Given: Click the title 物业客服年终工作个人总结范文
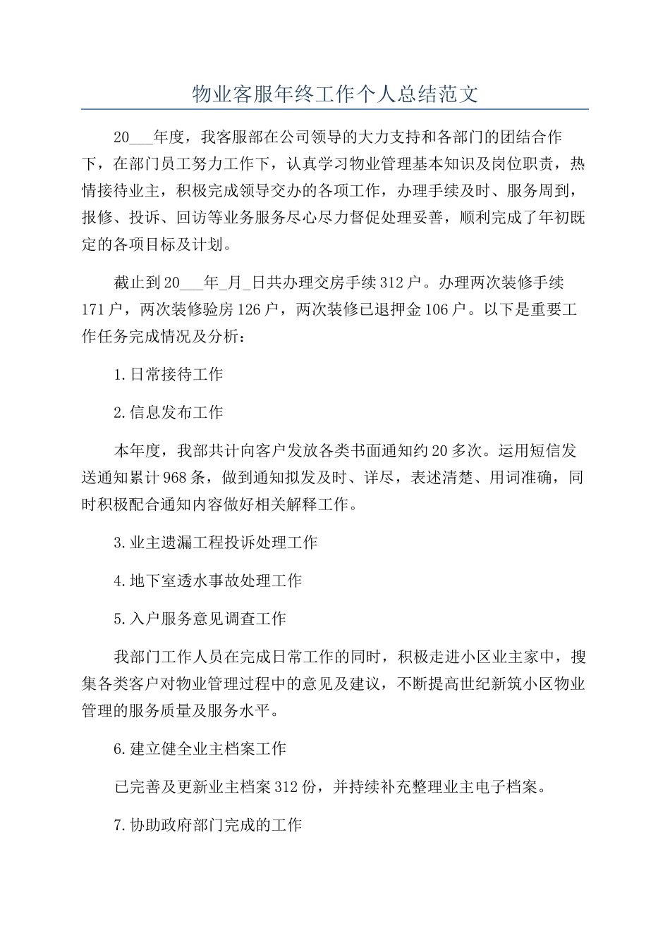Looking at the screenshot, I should pyautogui.click(x=335, y=94).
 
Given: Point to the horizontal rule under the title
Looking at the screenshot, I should pyautogui.click(x=335, y=109).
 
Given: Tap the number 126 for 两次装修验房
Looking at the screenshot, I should pyautogui.click(x=249, y=310).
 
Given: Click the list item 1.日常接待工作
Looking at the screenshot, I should pyautogui.click(x=169, y=375).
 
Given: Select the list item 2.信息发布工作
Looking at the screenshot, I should pyautogui.click(x=169, y=413).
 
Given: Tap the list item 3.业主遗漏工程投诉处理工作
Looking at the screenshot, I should pyautogui.click(x=216, y=543).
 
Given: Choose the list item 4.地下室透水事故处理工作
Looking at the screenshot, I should pyautogui.click(x=208, y=581).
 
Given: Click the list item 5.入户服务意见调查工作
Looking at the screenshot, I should pyautogui.click(x=200, y=619).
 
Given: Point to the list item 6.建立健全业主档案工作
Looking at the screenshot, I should pyautogui.click(x=200, y=749).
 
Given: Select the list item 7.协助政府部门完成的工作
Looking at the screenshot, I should pyautogui.click(x=208, y=825).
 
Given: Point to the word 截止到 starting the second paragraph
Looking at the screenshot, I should pyautogui.click(x=138, y=283).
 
